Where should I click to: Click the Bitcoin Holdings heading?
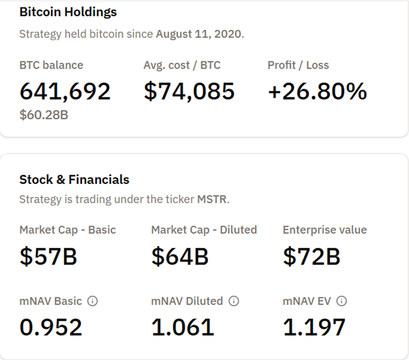[68, 12]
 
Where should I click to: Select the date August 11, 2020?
[199, 34]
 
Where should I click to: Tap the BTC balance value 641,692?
[65, 91]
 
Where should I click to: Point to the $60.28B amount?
[44, 115]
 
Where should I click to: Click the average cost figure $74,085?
[189, 91]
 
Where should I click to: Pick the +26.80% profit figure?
[317, 91]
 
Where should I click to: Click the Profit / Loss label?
[298, 65]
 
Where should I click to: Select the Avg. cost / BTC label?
[182, 65]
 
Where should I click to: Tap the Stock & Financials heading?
[74, 180]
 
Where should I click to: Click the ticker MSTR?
[212, 199]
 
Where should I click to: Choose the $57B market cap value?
[48, 256]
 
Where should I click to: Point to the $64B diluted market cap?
[180, 256]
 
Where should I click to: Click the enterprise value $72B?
[311, 256]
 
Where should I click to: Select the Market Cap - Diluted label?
[204, 230]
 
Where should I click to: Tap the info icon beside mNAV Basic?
[92, 301]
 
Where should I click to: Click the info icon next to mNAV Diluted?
[234, 301]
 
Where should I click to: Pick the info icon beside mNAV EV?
[341, 301]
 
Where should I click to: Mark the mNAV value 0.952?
[51, 327]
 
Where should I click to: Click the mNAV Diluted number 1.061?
[182, 327]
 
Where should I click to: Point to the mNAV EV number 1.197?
[314, 327]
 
